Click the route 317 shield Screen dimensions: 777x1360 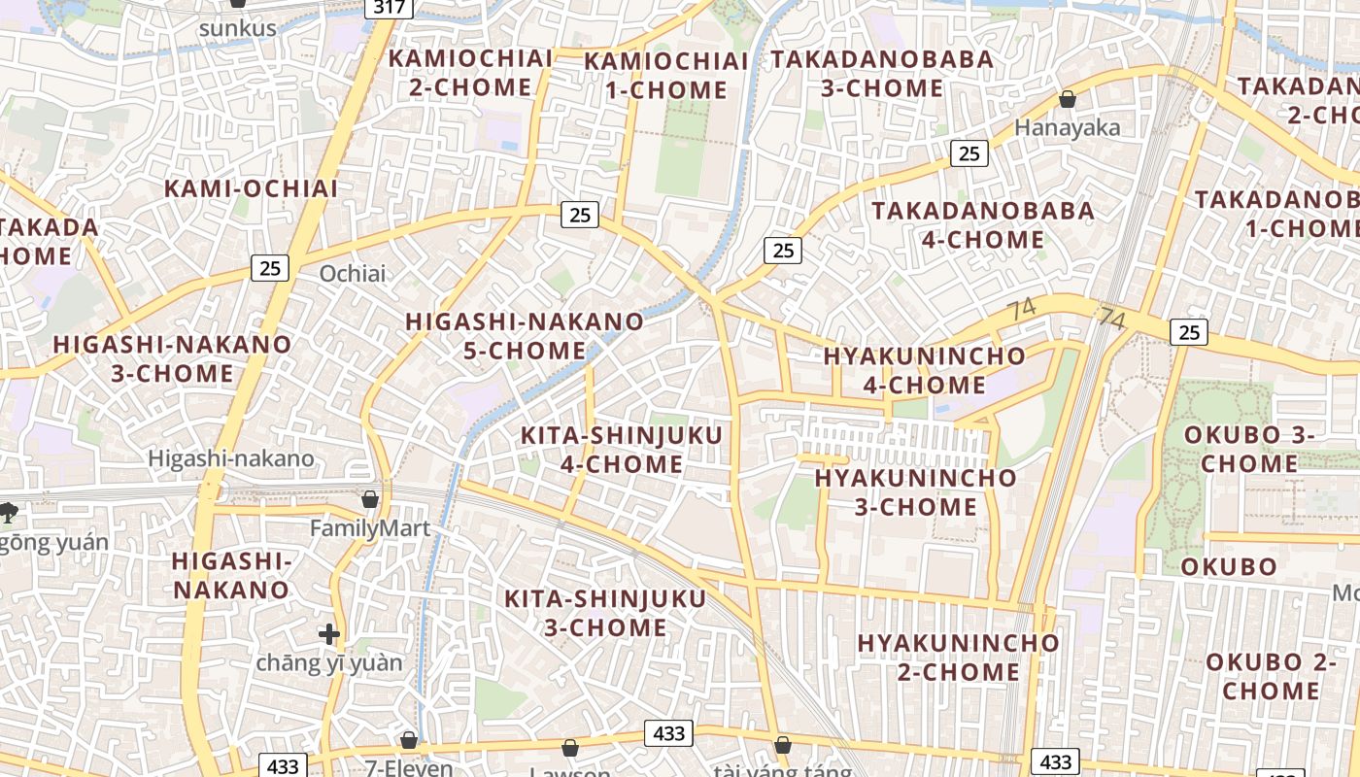coord(390,7)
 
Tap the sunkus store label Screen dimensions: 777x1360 coord(237,28)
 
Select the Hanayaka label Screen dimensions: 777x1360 coord(1067,127)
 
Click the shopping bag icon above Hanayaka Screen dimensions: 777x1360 coord(1067,99)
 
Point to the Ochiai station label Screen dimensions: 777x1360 coord(353,274)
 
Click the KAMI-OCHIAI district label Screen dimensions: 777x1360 coord(251,188)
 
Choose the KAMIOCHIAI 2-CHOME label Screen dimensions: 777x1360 coord(470,73)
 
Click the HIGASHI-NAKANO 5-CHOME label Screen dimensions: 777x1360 coord(525,335)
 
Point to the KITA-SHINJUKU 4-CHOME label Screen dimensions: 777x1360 coord(622,450)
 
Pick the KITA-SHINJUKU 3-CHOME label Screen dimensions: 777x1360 coord(604,613)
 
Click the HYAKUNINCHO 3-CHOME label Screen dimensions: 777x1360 coord(915,492)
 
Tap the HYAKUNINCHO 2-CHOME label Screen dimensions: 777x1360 coord(958,658)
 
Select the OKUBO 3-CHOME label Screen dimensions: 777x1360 coord(1248,449)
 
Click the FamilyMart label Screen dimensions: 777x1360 coord(369,529)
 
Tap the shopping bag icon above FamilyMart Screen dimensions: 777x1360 coord(370,500)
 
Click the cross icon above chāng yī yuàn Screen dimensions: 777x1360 coord(329,635)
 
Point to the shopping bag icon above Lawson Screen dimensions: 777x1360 coord(570,748)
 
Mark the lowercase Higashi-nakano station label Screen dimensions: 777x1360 coord(231,458)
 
